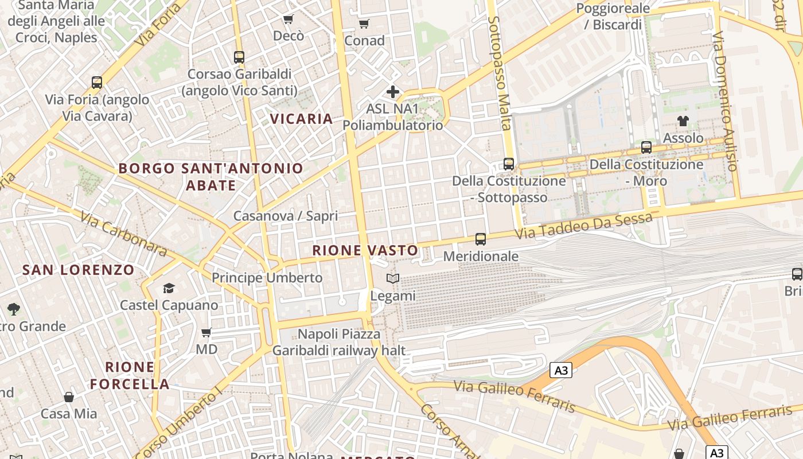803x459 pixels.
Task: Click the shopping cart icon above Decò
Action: pyautogui.click(x=289, y=20)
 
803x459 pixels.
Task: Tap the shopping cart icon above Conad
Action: pyautogui.click(x=364, y=24)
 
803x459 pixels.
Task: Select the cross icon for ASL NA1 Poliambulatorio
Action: pyautogui.click(x=393, y=92)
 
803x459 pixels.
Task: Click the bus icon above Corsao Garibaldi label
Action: pyautogui.click(x=239, y=57)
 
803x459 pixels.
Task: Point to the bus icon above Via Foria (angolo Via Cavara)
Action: pyautogui.click(x=97, y=83)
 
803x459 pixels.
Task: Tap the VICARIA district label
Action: pyautogui.click(x=301, y=119)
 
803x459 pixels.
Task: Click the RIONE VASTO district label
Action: pyautogui.click(x=365, y=250)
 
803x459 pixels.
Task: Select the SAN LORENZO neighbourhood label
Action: pyautogui.click(x=79, y=270)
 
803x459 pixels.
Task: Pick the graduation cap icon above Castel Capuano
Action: pyautogui.click(x=169, y=288)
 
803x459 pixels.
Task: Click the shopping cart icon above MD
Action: pyautogui.click(x=206, y=333)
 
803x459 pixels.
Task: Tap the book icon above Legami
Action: pyautogui.click(x=393, y=279)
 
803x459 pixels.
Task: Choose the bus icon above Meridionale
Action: pyautogui.click(x=481, y=239)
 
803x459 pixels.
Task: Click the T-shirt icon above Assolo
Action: pyautogui.click(x=683, y=121)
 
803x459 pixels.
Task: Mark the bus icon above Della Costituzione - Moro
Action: pyautogui.click(x=646, y=147)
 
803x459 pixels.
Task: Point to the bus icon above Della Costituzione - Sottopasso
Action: pyautogui.click(x=509, y=164)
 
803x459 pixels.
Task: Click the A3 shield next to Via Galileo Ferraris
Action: pyautogui.click(x=561, y=371)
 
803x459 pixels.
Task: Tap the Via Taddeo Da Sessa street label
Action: pyautogui.click(x=583, y=226)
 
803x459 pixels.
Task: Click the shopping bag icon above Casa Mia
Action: pyautogui.click(x=69, y=396)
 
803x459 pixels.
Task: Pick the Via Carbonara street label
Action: pyautogui.click(x=123, y=234)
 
